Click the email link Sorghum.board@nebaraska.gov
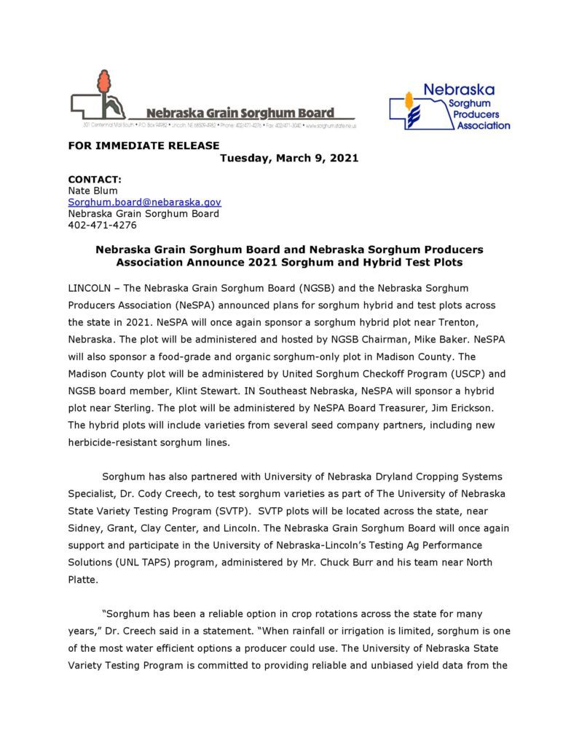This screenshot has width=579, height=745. click(x=144, y=202)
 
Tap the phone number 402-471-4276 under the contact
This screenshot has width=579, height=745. click(x=102, y=226)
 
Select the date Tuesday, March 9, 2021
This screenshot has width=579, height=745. click(x=289, y=158)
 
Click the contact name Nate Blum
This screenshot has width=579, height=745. click(x=92, y=191)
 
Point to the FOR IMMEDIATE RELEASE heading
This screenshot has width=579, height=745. click(x=143, y=146)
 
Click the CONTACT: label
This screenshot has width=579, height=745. click(x=95, y=179)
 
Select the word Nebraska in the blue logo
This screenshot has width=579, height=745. click(x=459, y=90)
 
